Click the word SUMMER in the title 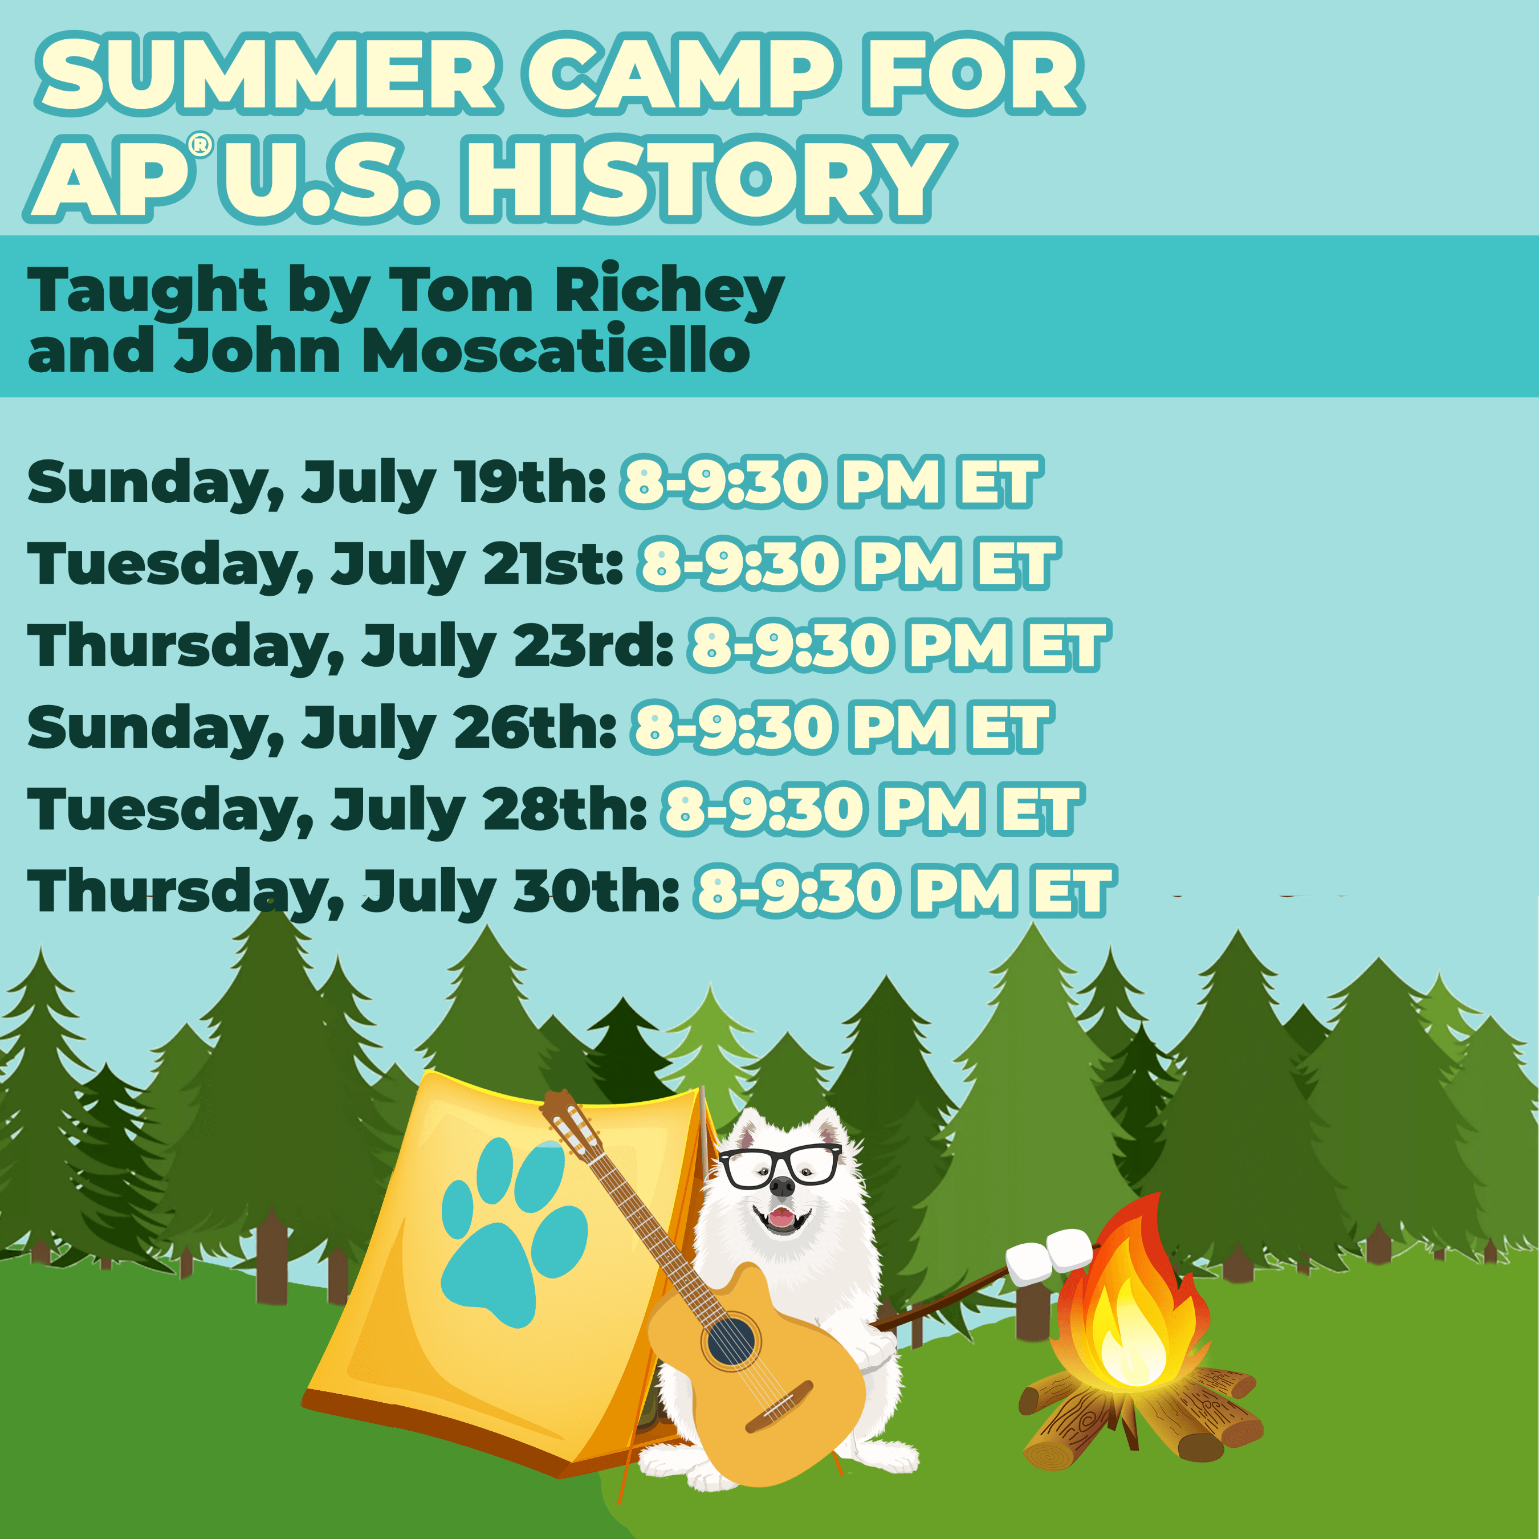click(268, 74)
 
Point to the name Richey click(670, 291)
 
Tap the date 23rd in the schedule click(593, 645)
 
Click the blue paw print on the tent click(514, 1234)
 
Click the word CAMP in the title click(681, 74)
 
